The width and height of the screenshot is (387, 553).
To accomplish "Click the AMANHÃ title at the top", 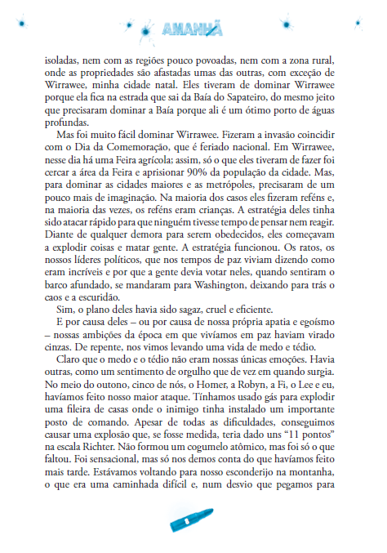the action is point(193,31).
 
